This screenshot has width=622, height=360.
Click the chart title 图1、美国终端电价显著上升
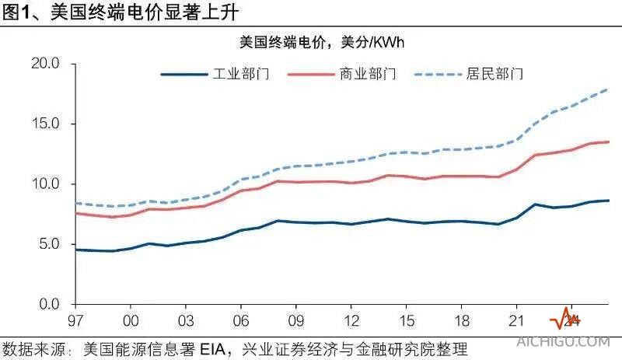(119, 12)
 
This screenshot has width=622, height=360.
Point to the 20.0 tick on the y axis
(44, 64)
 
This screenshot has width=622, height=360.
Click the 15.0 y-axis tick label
(44, 124)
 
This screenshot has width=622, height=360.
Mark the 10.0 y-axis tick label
(44, 184)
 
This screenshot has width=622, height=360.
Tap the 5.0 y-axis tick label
(48, 244)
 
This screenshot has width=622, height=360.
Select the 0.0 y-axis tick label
(48, 304)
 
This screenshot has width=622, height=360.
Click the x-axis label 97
(75, 320)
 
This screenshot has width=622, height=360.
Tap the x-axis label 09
(296, 320)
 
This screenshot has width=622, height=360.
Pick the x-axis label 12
(351, 320)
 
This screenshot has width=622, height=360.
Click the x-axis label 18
(462, 320)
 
